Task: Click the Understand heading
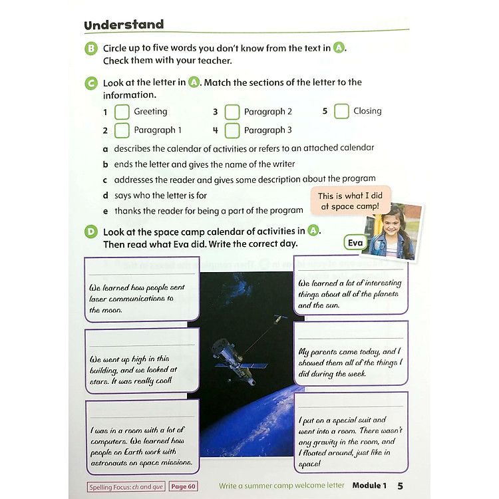(124, 25)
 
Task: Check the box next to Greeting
(122, 112)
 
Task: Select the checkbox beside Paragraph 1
(122, 130)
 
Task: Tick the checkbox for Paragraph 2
(232, 112)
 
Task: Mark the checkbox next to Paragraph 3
(232, 130)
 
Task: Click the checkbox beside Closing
(341, 111)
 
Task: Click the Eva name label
(356, 243)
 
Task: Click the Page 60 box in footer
(183, 486)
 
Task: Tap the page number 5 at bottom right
(400, 486)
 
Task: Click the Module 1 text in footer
(369, 486)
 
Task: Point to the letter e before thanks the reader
(105, 211)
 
